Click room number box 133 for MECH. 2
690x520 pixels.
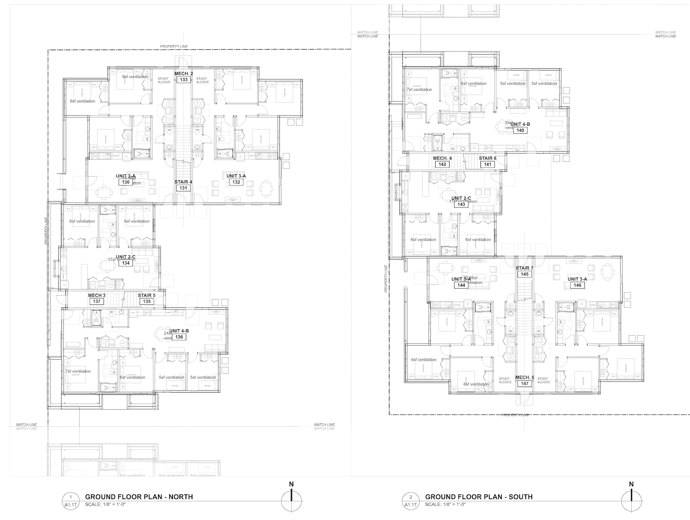tap(184, 80)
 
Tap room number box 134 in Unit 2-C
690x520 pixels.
tap(126, 263)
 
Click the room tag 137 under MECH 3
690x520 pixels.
tap(96, 302)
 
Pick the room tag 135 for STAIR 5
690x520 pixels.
tap(146, 302)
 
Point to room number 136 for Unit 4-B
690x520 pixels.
tap(179, 337)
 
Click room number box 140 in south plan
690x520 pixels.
tap(520, 131)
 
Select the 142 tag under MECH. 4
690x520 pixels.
tap(442, 164)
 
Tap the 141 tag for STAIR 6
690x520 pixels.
tap(487, 164)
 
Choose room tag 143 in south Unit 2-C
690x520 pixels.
tap(461, 204)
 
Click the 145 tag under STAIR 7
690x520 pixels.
tap(524, 274)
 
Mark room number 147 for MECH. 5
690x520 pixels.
tap(524, 384)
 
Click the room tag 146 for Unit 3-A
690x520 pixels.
tap(577, 285)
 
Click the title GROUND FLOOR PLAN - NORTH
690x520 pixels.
tap(139, 497)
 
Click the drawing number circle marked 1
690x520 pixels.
tap(71, 497)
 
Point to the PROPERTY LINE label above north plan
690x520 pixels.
tap(174, 46)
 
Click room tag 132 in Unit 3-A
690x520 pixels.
tap(236, 182)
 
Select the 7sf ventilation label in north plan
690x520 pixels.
tap(78, 371)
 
